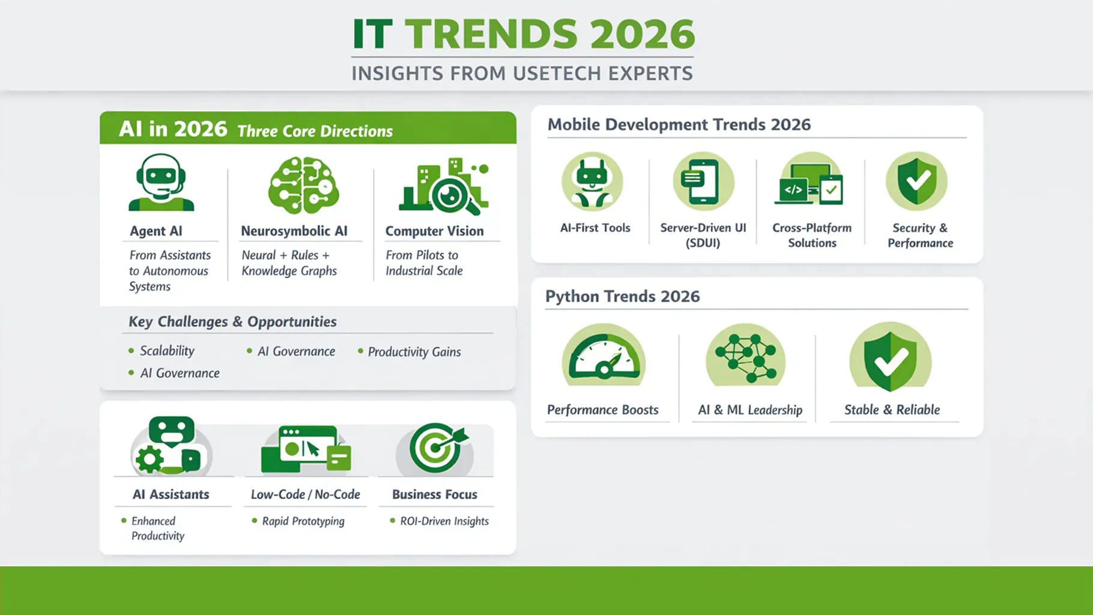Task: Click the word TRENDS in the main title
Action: (x=491, y=34)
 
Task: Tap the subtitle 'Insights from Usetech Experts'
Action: (x=522, y=73)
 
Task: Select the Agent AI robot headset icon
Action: (x=161, y=182)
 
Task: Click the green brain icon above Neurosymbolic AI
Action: (x=304, y=185)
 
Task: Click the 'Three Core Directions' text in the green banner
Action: (x=315, y=131)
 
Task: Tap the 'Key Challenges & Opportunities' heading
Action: (x=232, y=322)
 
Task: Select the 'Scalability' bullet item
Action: (x=167, y=351)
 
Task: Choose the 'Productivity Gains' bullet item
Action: (x=414, y=352)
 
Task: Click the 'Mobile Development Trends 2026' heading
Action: (x=679, y=124)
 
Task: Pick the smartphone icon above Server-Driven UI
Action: (x=703, y=181)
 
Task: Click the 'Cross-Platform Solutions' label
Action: (x=812, y=235)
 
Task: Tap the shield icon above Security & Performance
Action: (x=917, y=181)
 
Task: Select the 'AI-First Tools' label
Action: (x=595, y=228)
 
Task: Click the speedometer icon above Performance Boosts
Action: (x=604, y=354)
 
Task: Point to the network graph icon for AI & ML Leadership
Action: (x=746, y=355)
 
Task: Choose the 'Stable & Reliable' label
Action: (x=892, y=410)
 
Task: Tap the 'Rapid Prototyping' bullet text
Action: (x=303, y=521)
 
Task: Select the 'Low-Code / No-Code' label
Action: (x=306, y=494)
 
